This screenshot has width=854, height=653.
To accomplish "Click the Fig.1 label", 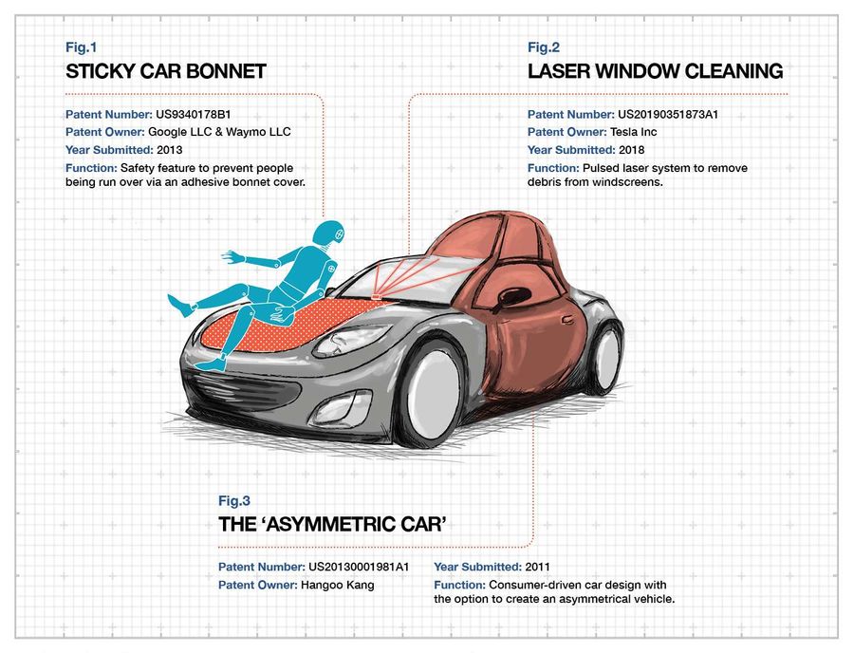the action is coord(82,47).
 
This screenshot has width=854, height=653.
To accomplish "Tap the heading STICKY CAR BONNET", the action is coord(166,71).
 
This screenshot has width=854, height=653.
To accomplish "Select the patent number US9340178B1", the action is coord(194,115).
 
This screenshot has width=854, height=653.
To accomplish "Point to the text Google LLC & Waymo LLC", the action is coord(219,132).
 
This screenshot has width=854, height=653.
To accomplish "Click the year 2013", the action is coord(170,150).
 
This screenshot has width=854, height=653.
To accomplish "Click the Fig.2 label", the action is coord(544,47).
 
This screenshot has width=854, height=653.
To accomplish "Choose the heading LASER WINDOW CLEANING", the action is coord(655,71).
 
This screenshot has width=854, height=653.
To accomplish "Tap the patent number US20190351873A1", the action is coord(668,115).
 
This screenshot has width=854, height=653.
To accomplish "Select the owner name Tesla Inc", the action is coord(634,132).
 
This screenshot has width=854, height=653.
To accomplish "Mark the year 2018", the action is coord(631,150).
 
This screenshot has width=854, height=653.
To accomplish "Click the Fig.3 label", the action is coord(234,500).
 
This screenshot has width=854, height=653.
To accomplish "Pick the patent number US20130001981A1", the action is coord(359,567).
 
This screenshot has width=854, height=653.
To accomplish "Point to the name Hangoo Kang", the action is coord(337,585).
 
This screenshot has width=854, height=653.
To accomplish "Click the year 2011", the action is coord(537,567).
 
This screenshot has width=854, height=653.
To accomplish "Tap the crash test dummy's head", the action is coord(330,234).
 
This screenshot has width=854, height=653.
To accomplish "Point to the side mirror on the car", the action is coord(513,296).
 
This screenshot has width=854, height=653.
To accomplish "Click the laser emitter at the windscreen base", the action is coord(376,296).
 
